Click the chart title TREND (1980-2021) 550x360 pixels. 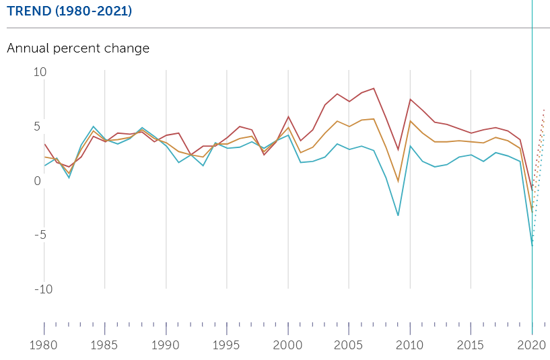[x=69, y=11]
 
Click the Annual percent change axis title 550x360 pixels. [x=78, y=48]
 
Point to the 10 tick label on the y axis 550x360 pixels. [x=40, y=72]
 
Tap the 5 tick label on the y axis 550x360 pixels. [x=37, y=127]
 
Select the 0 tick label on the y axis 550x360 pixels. [x=37, y=181]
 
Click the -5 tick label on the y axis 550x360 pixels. [x=40, y=235]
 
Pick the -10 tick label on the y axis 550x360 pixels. [x=44, y=289]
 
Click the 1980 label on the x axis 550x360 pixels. [x=44, y=345]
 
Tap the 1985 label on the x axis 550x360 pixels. [x=104, y=345]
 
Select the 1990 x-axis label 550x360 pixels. [x=165, y=345]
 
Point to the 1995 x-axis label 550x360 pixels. [x=226, y=345]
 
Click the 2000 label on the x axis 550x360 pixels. [x=287, y=345]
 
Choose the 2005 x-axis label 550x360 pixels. [x=348, y=345]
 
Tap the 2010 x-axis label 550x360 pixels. [x=410, y=345]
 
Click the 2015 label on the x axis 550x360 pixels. [x=471, y=345]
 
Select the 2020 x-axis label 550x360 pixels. [x=532, y=345]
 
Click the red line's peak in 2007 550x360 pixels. [x=374, y=88]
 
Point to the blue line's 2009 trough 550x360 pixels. [x=398, y=215]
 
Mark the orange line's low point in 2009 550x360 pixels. [x=398, y=182]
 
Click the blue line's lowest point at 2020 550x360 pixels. [x=532, y=246]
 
